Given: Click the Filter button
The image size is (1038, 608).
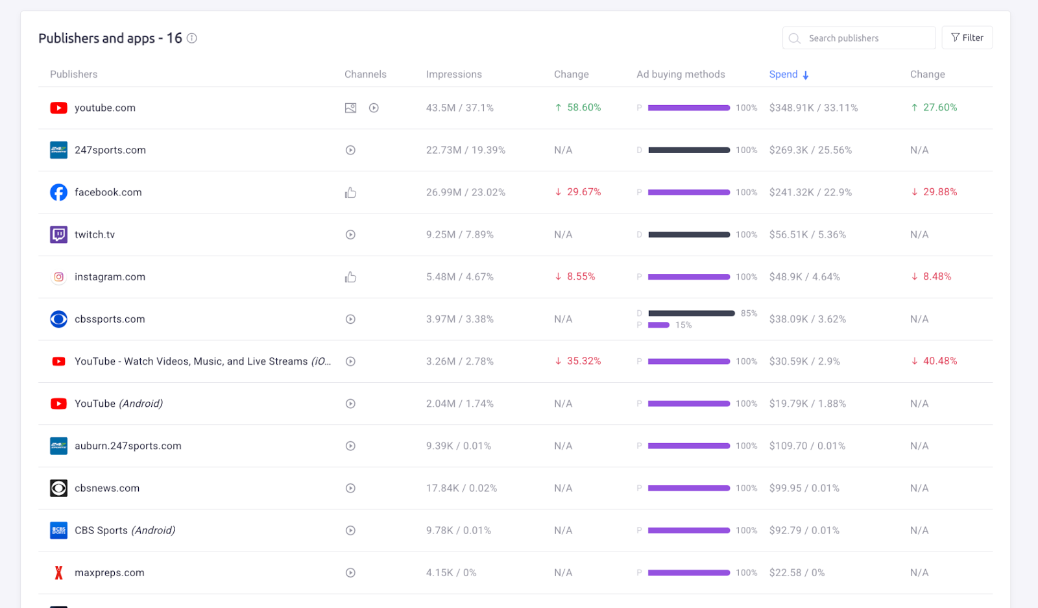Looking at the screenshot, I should [967, 38].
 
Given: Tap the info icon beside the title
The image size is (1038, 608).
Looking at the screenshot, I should [192, 38].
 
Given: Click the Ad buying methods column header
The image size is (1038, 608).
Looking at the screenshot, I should [681, 75].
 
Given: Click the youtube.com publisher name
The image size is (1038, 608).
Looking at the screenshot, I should [105, 108].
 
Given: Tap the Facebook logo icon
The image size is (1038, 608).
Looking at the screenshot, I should [58, 192].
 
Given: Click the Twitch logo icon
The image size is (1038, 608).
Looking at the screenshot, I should [58, 234].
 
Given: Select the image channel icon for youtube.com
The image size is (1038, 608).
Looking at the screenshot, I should [350, 108].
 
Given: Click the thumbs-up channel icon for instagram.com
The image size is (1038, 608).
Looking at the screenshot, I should [350, 277].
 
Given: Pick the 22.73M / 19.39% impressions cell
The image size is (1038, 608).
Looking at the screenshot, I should [465, 150].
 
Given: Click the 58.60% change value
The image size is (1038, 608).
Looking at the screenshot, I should [583, 108].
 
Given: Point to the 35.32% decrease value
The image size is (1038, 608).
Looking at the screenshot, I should [583, 361].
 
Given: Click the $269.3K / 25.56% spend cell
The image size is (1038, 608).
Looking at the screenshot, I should [810, 150].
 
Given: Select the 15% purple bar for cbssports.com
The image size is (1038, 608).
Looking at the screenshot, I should [658, 325].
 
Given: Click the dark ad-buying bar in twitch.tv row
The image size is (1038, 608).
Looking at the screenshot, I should [689, 234].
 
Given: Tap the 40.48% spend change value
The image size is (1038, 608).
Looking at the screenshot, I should [939, 361].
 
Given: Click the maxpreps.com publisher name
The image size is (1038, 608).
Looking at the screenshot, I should [109, 572].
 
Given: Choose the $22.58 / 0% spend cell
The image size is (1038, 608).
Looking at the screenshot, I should [797, 572].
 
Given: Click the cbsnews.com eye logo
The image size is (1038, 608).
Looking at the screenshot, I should [58, 488].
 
